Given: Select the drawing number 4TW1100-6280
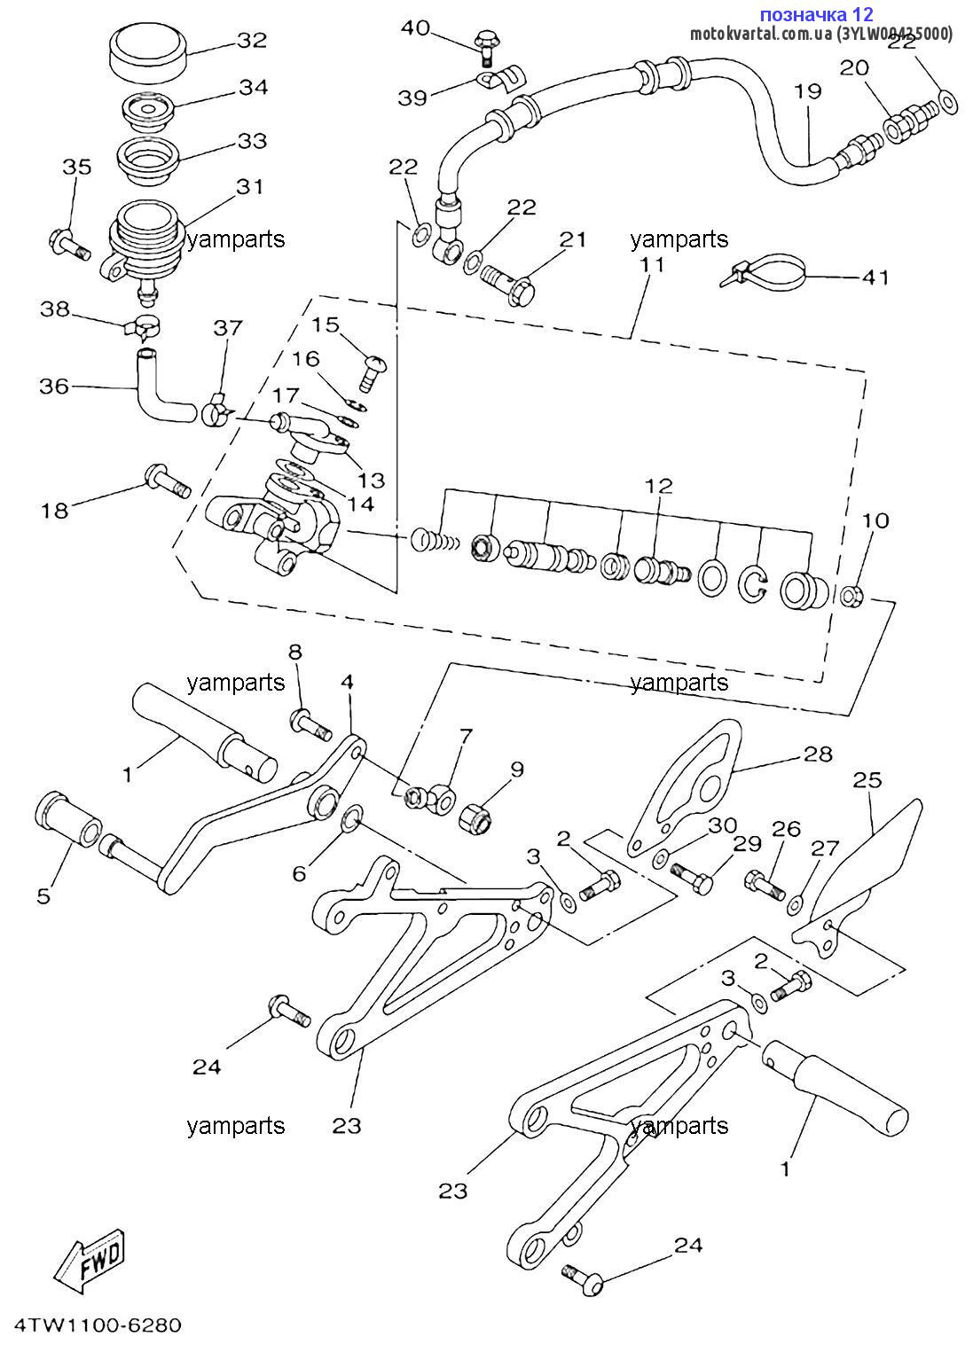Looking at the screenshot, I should (92, 1325).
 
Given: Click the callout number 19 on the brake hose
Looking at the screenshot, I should (807, 90).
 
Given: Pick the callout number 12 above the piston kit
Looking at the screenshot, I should (658, 486).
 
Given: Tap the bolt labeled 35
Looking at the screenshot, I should (67, 242).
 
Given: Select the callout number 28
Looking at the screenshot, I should (818, 754).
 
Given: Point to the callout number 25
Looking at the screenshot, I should (867, 780).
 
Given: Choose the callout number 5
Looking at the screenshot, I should (43, 895).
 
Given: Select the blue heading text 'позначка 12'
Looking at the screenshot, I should (816, 14).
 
